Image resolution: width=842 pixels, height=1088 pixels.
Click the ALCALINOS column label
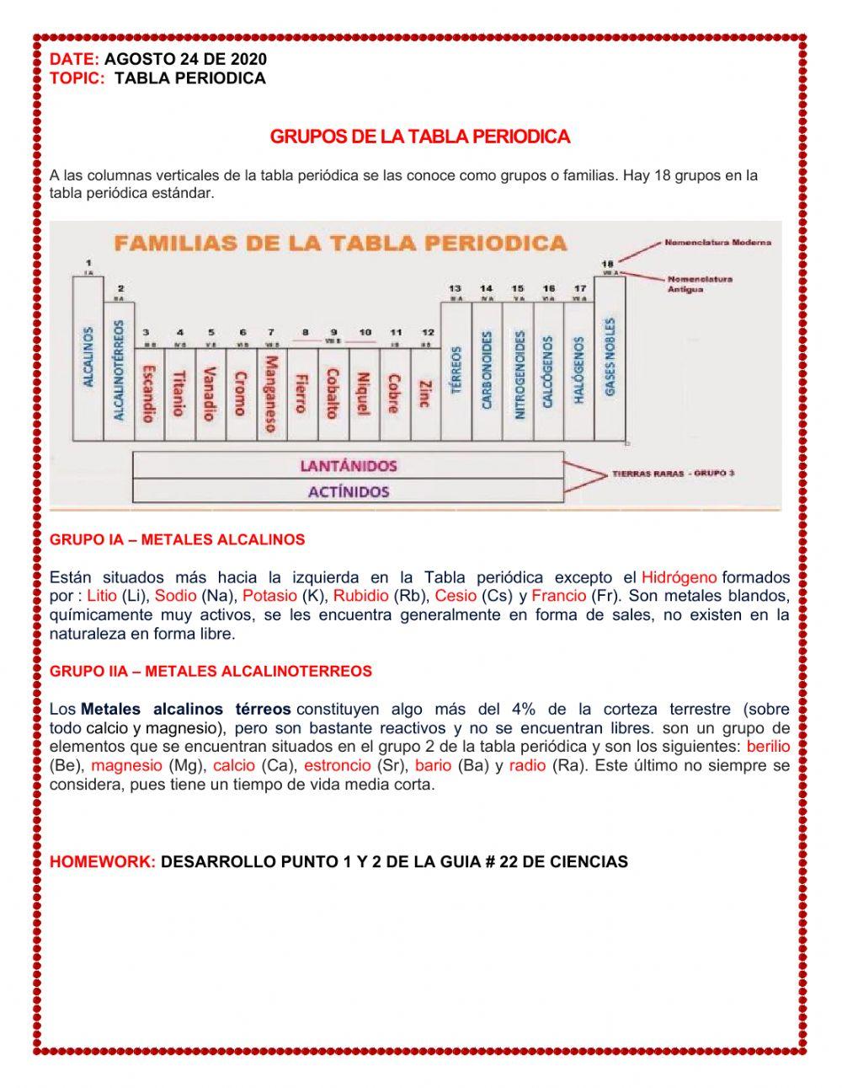click(x=89, y=357)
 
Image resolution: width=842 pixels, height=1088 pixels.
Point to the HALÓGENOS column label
click(x=579, y=371)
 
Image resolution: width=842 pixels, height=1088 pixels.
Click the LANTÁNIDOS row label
click(x=348, y=465)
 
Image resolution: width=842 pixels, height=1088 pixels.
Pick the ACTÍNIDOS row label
click(x=348, y=490)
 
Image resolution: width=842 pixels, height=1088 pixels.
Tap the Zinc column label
click(x=424, y=394)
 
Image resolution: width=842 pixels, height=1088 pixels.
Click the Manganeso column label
click(x=271, y=393)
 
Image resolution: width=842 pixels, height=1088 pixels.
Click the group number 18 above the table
click(x=607, y=263)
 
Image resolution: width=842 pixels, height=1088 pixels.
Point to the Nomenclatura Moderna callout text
click(x=717, y=243)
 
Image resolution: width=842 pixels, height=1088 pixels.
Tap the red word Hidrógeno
click(x=679, y=577)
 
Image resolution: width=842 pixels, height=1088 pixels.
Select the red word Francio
click(x=558, y=596)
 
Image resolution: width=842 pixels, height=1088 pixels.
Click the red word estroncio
click(x=337, y=766)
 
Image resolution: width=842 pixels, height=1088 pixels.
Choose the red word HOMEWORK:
click(x=103, y=862)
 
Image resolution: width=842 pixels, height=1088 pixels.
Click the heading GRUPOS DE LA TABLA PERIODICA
click(x=419, y=137)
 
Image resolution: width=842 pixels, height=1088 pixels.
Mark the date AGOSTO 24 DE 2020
click(x=185, y=59)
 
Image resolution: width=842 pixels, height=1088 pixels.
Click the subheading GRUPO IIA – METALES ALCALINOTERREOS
click(x=210, y=672)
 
